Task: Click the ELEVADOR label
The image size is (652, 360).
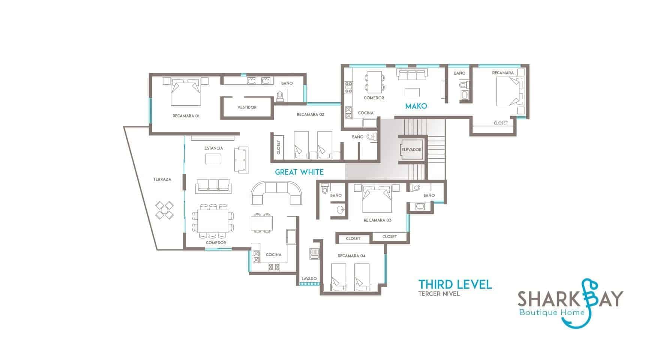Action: tap(411, 150)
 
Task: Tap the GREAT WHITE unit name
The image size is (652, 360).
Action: tap(299, 172)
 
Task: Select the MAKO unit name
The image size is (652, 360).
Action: tap(416, 106)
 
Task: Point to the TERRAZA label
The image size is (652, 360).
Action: tap(162, 179)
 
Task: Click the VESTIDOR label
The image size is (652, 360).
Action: tap(247, 107)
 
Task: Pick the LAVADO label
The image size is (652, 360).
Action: tap(309, 279)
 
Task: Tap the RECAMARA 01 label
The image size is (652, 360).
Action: tap(186, 116)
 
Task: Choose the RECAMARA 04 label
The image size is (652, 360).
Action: tap(351, 256)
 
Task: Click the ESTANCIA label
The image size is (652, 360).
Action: tap(214, 148)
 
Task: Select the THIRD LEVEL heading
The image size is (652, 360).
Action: tap(455, 284)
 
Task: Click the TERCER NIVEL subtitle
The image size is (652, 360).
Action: tap(439, 294)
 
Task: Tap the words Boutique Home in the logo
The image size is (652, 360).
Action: tap(552, 312)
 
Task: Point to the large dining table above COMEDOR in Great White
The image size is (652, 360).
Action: tap(213, 221)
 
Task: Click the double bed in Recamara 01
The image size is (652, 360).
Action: tap(185, 91)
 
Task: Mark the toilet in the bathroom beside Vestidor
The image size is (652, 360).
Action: tap(280, 97)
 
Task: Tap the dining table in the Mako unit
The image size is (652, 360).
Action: tap(374, 82)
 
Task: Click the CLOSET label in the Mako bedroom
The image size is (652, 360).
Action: tap(501, 123)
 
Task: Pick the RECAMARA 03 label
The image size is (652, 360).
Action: tap(378, 220)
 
